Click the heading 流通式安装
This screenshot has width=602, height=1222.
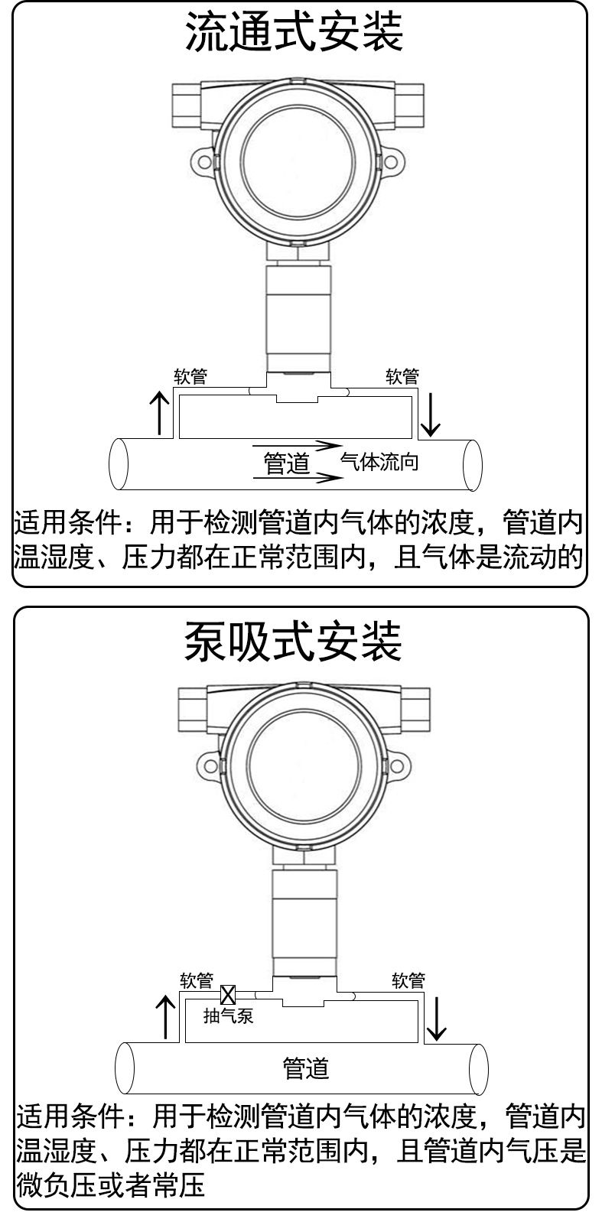pyautogui.click(x=294, y=31)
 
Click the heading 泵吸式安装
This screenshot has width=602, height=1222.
pyautogui.click(x=294, y=642)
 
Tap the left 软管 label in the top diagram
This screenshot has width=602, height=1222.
pyautogui.click(x=190, y=376)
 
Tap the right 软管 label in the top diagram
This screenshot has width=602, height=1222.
pyautogui.click(x=402, y=376)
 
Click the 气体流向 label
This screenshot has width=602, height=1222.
pyautogui.click(x=379, y=462)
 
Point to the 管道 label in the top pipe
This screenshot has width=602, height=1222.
pyautogui.click(x=287, y=463)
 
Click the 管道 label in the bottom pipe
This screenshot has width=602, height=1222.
pyautogui.click(x=306, y=1068)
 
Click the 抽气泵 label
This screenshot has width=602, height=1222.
pyautogui.click(x=228, y=1016)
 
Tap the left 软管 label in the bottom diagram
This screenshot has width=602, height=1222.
pyautogui.click(x=197, y=980)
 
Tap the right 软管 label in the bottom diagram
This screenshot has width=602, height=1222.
pyautogui.click(x=408, y=980)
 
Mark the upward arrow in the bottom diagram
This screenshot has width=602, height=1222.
pyautogui.click(x=165, y=1017)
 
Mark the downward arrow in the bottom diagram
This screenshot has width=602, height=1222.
pyautogui.click(x=437, y=1019)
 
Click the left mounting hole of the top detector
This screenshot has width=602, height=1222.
pyautogui.click(x=204, y=162)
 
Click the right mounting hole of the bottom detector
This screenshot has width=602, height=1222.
pyautogui.click(x=397, y=766)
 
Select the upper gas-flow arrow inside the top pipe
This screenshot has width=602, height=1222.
pyautogui.click(x=298, y=446)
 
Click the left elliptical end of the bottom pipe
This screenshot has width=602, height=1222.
pyautogui.click(x=125, y=1069)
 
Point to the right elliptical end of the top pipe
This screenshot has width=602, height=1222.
pyautogui.click(x=473, y=465)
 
